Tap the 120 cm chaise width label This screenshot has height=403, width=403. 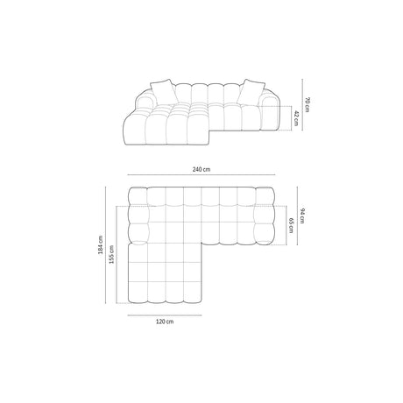[x=166, y=321]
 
